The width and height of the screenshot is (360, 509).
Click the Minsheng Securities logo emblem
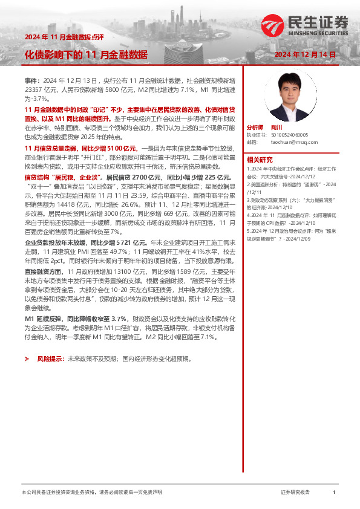tap(272, 25)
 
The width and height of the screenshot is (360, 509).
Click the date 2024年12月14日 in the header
tap(305, 54)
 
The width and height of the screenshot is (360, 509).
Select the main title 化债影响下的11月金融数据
tap(86, 54)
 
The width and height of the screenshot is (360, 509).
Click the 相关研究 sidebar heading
tap(260, 160)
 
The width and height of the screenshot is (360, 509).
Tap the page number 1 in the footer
tap(334, 493)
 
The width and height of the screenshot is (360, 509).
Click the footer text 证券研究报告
tap(295, 493)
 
